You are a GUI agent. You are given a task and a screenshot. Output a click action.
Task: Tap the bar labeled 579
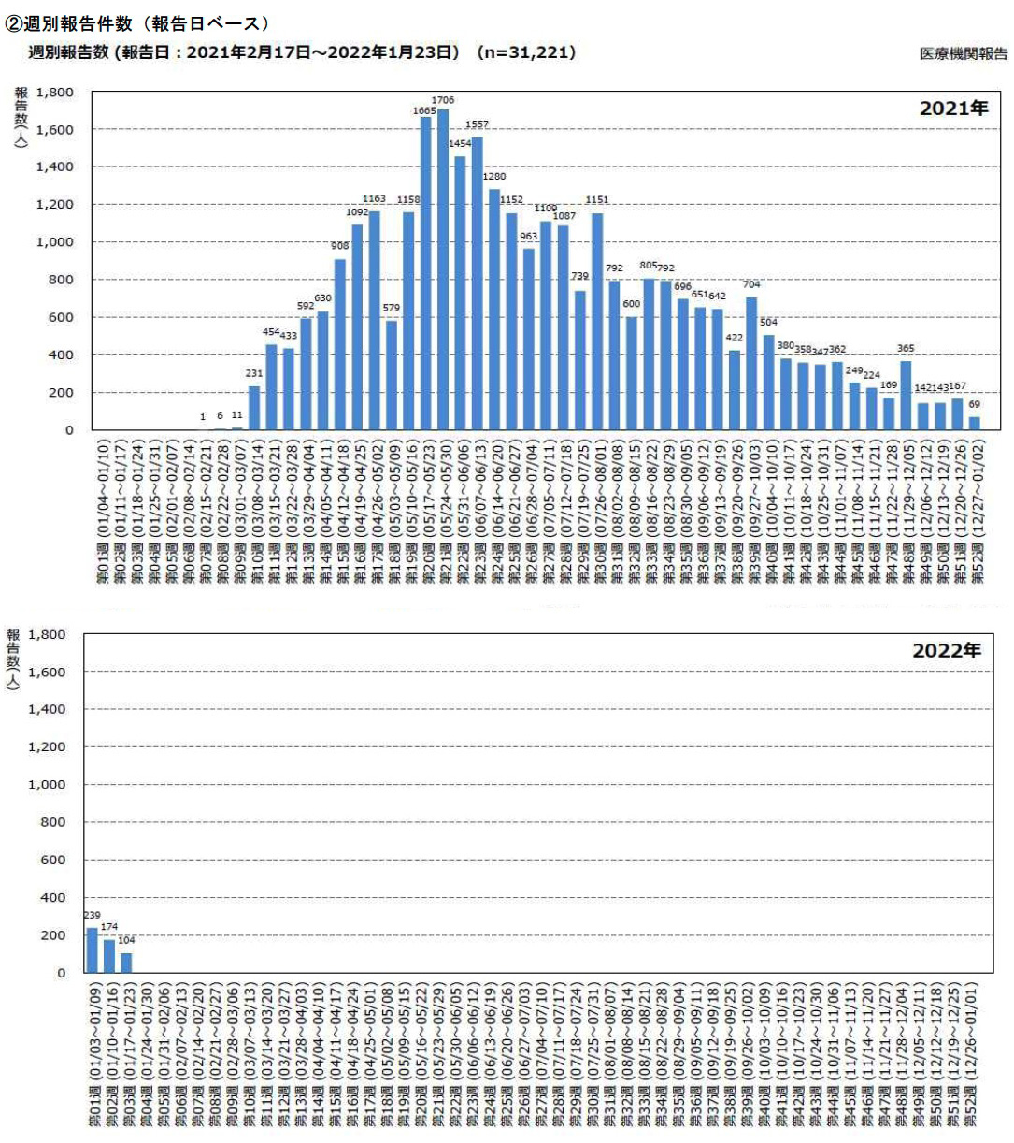392,375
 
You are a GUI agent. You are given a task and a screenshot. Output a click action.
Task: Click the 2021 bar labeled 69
975,424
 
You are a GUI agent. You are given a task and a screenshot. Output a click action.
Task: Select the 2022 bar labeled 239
93,949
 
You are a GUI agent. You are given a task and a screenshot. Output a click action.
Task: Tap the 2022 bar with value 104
126,962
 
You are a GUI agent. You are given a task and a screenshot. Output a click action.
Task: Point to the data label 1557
477,124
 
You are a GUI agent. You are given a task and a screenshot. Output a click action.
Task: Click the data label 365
906,349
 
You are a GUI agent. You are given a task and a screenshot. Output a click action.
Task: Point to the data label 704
751,284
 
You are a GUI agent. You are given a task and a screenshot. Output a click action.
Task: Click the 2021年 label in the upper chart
953,109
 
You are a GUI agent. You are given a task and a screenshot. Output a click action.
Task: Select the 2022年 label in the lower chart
946,651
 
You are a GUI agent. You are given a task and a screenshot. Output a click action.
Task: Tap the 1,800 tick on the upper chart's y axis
54,93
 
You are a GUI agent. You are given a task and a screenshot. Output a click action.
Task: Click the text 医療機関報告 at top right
964,54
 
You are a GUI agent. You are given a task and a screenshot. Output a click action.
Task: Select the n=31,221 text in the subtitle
526,52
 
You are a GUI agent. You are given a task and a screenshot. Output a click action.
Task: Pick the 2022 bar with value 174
109,956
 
